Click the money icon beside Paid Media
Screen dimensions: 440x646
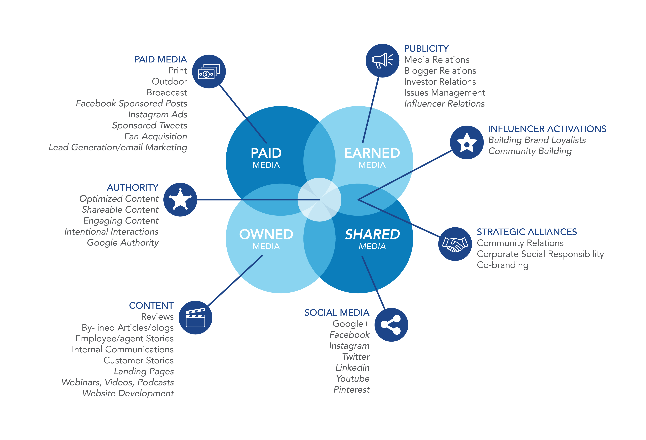pos(209,72)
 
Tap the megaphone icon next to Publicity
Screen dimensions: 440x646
pos(382,61)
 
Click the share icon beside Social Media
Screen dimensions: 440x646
pos(391,325)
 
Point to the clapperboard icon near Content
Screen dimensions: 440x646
pos(195,317)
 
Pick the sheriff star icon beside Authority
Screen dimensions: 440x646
pos(180,200)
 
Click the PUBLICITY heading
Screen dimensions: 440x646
pos(426,49)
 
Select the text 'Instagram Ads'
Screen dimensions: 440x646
pos(158,114)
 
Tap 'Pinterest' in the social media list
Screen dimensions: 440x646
pos(351,389)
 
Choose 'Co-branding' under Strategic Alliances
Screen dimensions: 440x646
pos(503,265)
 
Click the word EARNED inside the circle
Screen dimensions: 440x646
pos(372,153)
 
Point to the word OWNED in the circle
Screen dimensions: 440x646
pos(266,234)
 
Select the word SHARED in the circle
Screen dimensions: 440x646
pos(372,234)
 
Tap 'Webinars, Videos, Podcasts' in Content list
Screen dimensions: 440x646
pos(118,382)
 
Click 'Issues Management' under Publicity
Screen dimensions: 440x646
pos(444,92)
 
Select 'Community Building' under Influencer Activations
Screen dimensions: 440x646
pos(530,151)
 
